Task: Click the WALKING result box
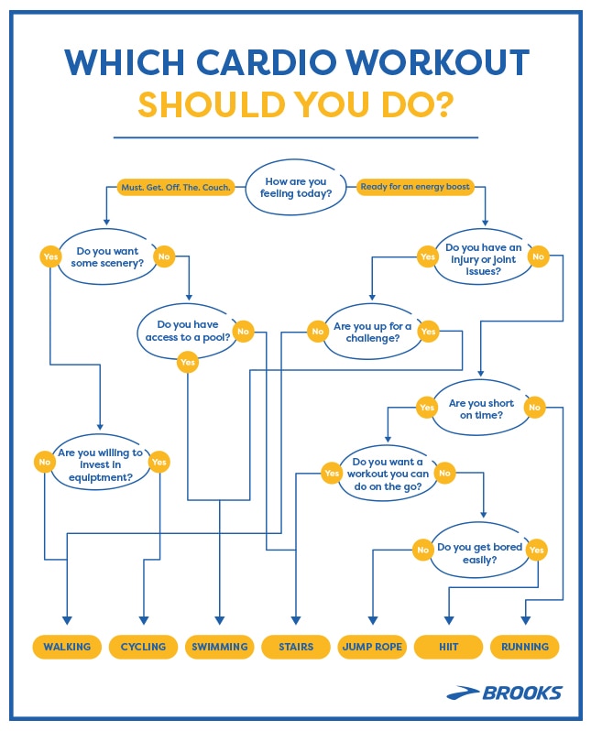66,647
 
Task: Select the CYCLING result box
143,647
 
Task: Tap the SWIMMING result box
220,647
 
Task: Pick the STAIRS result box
296,647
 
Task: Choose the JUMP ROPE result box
371,647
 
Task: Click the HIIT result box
448,647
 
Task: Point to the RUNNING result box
525,647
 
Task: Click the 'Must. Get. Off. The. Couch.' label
176,187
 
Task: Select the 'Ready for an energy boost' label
415,187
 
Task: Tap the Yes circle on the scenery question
51,257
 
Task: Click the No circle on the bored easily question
422,550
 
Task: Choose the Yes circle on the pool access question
188,363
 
